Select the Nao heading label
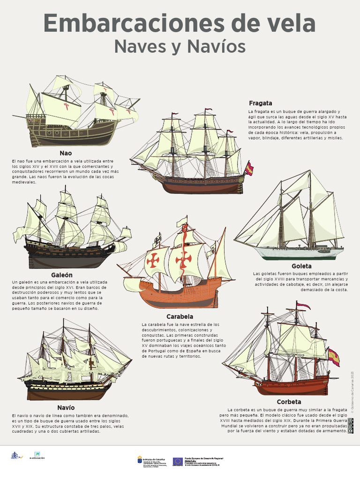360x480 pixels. coord(66,153)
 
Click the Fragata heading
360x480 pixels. coord(261,103)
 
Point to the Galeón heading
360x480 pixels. coord(62,275)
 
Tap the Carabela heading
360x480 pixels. coord(180,316)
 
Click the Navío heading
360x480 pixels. coord(66,407)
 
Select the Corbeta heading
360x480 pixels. coord(289,402)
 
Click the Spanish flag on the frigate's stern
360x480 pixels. coord(249,168)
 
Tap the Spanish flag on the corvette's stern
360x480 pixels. coord(333,357)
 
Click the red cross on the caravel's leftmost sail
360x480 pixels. coord(153,261)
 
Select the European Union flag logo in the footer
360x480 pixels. coord(178,461)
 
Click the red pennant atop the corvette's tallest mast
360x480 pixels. coord(303,306)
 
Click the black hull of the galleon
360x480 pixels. coord(66,255)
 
